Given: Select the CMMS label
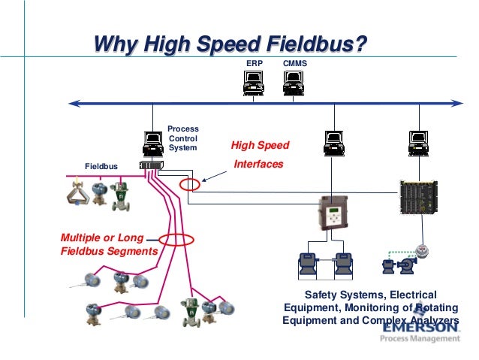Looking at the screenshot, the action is coord(294,65).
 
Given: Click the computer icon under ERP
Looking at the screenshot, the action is coord(254,86).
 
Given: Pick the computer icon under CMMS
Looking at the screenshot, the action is coord(292,86).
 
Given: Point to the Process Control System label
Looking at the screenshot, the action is coord(182,138).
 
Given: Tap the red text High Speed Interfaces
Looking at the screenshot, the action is coord(259,154).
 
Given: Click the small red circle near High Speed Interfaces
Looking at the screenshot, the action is coord(191,184).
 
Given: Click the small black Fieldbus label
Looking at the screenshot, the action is coord(101,164).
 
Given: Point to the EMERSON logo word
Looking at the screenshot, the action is coord(420,327).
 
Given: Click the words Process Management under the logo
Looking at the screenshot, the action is coord(420,339).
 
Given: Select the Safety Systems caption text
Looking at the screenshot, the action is coord(369,307).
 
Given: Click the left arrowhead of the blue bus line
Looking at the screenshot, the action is coord(70,103).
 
